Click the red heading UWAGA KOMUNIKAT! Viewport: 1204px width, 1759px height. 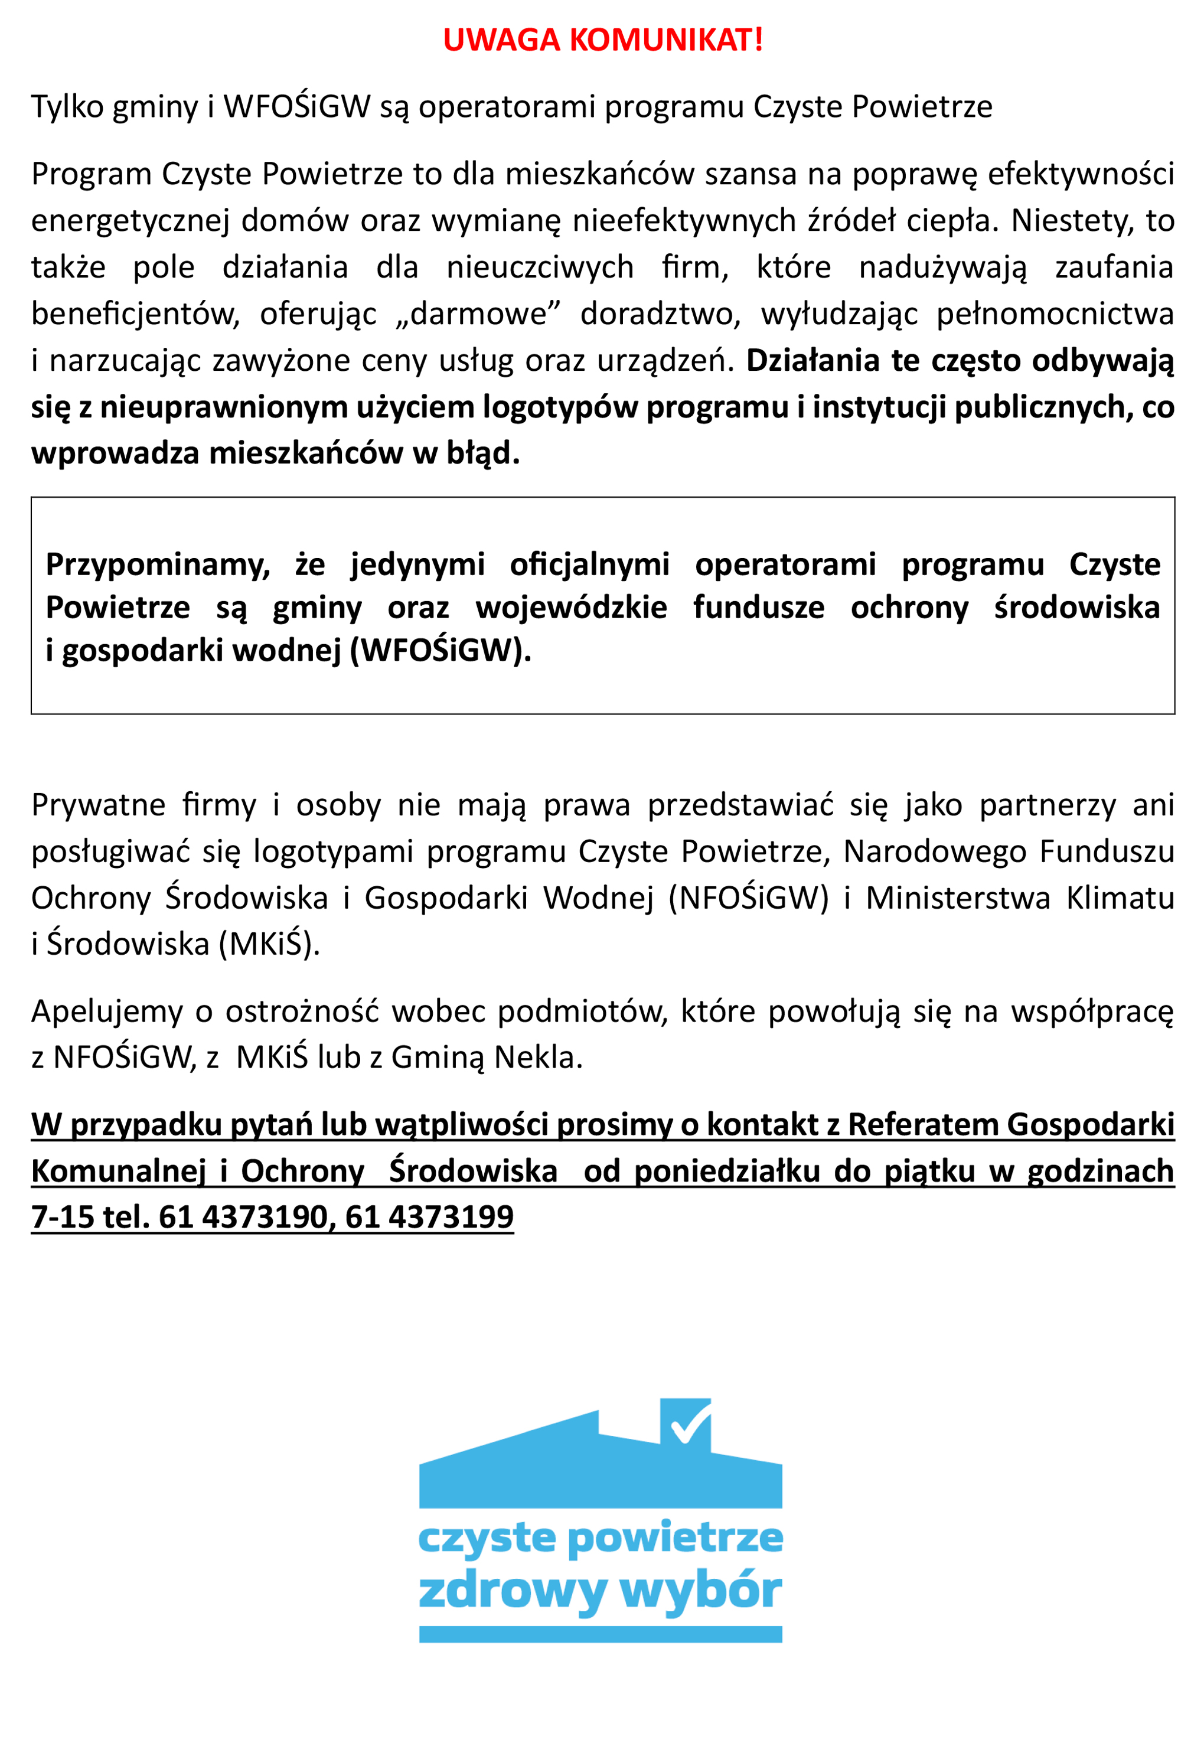[x=602, y=40]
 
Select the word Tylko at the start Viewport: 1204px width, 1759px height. [x=67, y=107]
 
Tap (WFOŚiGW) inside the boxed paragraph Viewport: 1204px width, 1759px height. [x=441, y=650]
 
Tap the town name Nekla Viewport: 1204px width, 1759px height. [x=538, y=1058]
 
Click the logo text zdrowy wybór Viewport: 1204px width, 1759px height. [x=600, y=1592]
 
